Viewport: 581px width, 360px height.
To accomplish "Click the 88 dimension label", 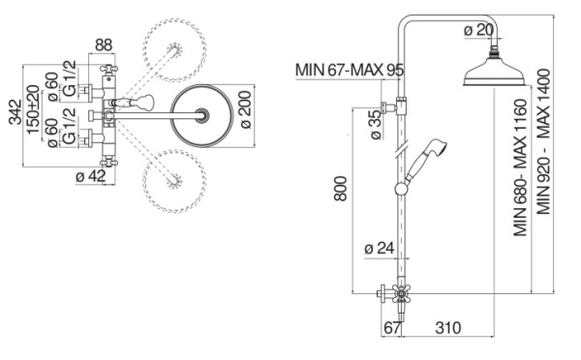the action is [x=104, y=45].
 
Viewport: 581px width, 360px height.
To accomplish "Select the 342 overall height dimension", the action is [x=15, y=112].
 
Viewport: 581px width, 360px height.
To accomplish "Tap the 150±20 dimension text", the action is [x=33, y=109].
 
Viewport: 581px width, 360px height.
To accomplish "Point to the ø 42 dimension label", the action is [x=91, y=176].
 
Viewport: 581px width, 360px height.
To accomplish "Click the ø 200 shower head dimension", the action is [x=246, y=109].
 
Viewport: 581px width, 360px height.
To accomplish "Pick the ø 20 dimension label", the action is [x=479, y=30].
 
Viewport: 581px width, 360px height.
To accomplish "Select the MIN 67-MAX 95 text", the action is [x=350, y=70].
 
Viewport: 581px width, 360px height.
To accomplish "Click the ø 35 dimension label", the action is [x=376, y=125].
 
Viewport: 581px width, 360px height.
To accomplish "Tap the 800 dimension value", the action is [x=340, y=189].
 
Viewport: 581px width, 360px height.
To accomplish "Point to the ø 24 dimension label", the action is [x=379, y=248].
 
